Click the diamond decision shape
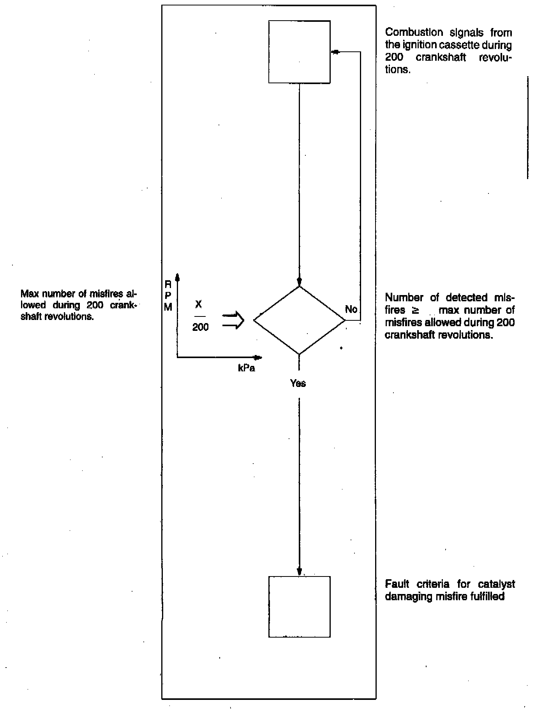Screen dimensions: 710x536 click(x=299, y=320)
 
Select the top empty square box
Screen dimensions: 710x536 click(x=299, y=52)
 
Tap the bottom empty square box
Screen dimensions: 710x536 click(x=299, y=606)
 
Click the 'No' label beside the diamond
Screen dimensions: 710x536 click(x=351, y=309)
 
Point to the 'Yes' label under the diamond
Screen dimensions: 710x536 click(x=298, y=383)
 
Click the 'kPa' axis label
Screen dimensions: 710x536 click(x=246, y=368)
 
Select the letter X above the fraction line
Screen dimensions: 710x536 click(x=198, y=305)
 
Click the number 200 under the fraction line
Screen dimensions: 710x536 click(x=200, y=327)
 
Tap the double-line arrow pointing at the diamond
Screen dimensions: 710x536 click(x=233, y=321)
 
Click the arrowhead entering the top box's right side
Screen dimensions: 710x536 click(x=334, y=52)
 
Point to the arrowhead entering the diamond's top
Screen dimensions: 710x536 click(x=299, y=282)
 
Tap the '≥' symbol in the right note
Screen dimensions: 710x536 click(x=415, y=310)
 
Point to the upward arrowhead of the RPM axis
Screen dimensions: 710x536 click(x=177, y=277)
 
